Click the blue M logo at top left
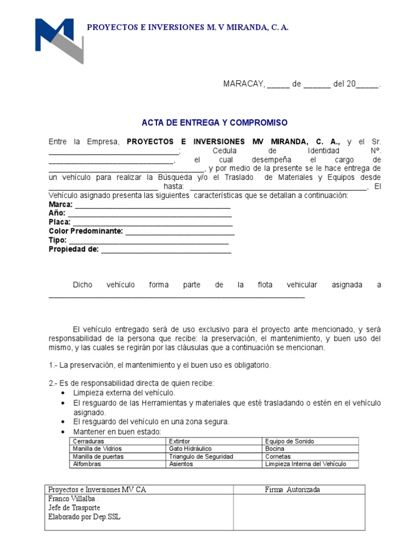[x=58, y=40]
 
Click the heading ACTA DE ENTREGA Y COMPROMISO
[x=214, y=122]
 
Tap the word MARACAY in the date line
[x=243, y=84]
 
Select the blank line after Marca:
[x=153, y=206]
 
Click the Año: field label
[x=57, y=213]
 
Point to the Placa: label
[x=59, y=222]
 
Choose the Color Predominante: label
[x=85, y=231]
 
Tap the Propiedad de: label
[x=73, y=249]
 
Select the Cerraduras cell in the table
[x=88, y=441]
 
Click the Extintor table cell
[x=180, y=441]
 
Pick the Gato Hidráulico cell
[x=189, y=449]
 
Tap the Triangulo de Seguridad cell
[x=201, y=457]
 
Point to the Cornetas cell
[x=278, y=457]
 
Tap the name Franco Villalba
[x=73, y=499]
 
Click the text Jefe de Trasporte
[x=74, y=507]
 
